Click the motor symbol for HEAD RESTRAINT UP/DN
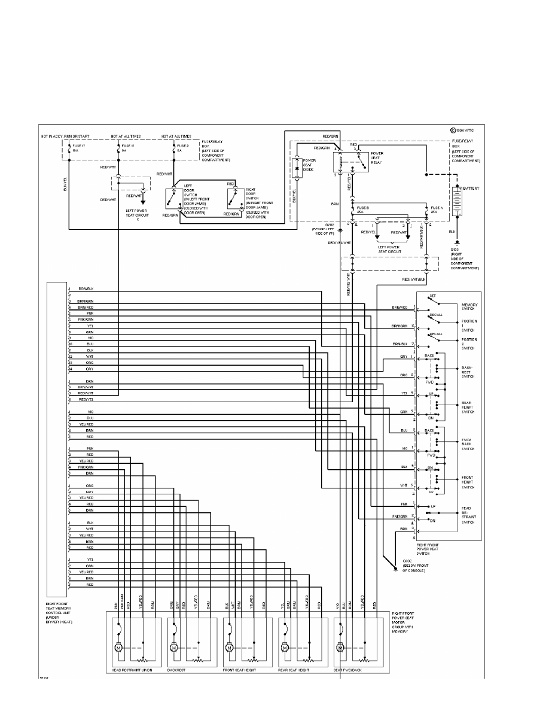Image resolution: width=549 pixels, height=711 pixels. (118, 648)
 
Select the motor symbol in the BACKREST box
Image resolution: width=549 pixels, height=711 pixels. (173, 648)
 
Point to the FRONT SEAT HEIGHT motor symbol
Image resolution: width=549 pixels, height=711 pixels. (229, 648)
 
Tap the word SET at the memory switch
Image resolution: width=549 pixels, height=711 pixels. (432, 296)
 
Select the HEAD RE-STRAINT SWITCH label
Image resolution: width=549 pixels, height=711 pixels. (468, 515)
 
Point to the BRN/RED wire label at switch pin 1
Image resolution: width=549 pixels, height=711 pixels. (399, 308)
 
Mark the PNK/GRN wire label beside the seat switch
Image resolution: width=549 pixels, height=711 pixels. (399, 516)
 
